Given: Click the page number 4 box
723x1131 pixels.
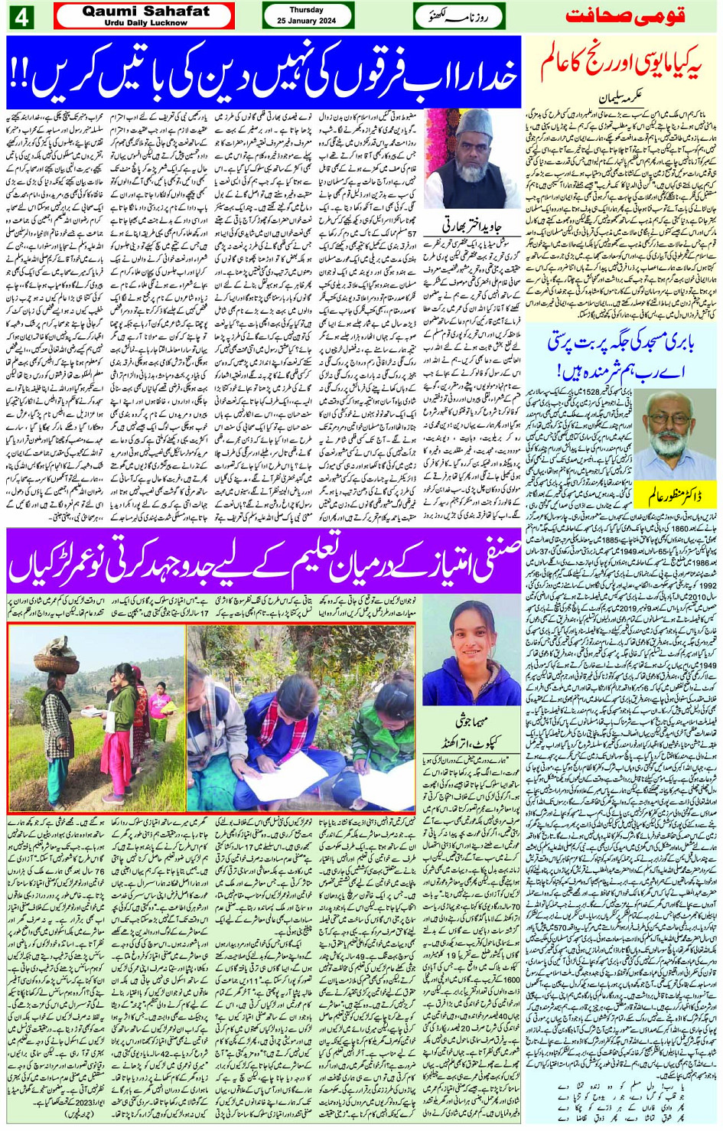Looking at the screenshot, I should [21, 16].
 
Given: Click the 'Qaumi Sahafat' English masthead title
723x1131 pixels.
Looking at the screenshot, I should [145, 11].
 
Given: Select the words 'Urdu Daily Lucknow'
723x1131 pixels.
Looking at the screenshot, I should [145, 23].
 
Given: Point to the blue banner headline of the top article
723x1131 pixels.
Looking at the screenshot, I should [264, 73].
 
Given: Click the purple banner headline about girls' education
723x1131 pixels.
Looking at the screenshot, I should [264, 559].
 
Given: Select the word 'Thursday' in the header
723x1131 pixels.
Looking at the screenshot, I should [307, 10].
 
